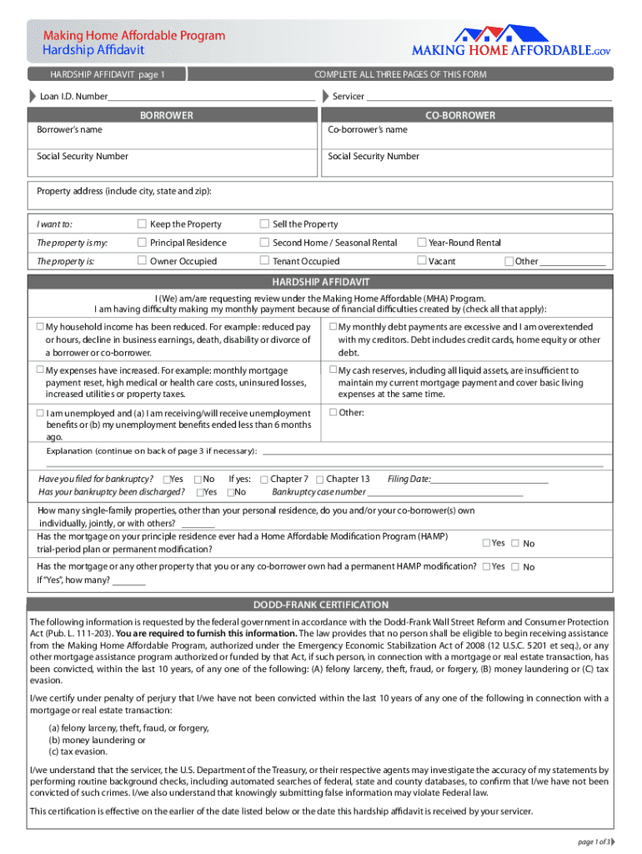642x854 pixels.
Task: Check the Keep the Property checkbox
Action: tap(142, 224)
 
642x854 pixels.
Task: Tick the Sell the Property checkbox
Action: tap(264, 224)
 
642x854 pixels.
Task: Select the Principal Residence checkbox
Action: tap(142, 243)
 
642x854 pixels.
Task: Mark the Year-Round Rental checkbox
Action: tap(421, 243)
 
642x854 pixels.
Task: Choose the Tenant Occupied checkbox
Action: tap(264, 261)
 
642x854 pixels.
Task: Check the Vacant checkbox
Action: tap(421, 261)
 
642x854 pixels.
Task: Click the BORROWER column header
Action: tap(167, 115)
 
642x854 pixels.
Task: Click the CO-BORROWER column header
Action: tap(460, 115)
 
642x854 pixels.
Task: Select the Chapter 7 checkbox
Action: tap(263, 480)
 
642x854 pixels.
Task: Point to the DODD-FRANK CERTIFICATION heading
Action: tap(321, 605)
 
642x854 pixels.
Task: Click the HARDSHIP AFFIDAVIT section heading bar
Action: tap(321, 282)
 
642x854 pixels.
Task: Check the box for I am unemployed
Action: tap(40, 413)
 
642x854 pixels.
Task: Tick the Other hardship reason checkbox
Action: tap(333, 412)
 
